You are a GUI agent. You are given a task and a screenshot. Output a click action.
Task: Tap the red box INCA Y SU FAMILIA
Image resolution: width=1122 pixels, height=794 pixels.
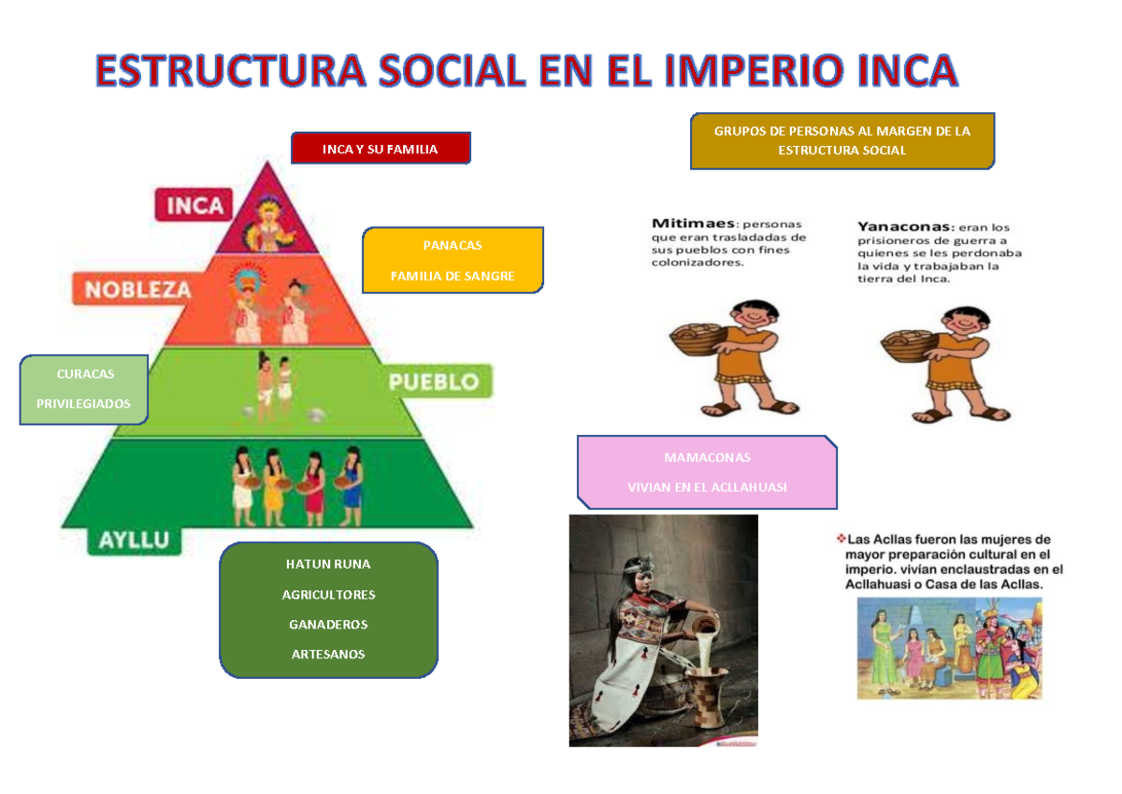(381, 149)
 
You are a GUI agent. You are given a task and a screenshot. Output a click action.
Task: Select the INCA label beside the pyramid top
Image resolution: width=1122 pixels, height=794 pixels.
(195, 206)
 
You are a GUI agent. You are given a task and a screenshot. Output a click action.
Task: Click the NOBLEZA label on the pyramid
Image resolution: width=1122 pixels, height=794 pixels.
(138, 290)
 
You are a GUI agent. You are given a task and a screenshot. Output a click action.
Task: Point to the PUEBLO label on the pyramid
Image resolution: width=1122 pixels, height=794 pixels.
(434, 382)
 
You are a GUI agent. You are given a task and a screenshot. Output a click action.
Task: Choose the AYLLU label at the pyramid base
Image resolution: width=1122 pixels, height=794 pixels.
(135, 541)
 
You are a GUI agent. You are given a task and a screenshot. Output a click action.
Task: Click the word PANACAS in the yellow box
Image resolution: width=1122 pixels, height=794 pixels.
(453, 246)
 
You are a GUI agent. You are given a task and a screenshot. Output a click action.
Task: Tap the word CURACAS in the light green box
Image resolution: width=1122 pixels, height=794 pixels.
(85, 374)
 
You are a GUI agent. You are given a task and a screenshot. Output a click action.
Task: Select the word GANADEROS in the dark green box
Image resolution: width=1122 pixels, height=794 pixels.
(328, 625)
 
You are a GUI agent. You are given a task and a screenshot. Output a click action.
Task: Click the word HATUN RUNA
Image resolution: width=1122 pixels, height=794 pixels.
(328, 565)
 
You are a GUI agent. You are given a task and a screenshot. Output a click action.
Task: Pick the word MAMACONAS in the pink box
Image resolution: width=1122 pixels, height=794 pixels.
(707, 458)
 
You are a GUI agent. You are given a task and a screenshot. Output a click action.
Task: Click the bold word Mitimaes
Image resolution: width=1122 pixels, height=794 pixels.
(693, 224)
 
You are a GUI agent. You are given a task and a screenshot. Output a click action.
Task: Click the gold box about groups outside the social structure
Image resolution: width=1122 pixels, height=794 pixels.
(841, 141)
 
